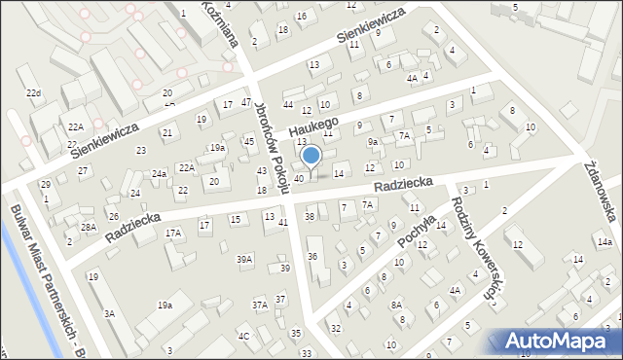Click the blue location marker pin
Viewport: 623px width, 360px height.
311,157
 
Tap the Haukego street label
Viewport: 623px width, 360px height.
311,126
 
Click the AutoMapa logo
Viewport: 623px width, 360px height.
555,340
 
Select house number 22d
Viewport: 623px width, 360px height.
34,92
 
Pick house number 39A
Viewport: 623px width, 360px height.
244,259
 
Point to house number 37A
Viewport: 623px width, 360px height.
260,305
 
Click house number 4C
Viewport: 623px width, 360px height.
244,337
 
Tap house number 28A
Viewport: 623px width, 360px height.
89,227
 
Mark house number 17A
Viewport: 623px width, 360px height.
173,234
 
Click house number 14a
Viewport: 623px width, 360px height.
605,241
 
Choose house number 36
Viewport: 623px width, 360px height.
312,256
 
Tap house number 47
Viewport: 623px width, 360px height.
246,102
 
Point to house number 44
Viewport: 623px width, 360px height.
287,104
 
